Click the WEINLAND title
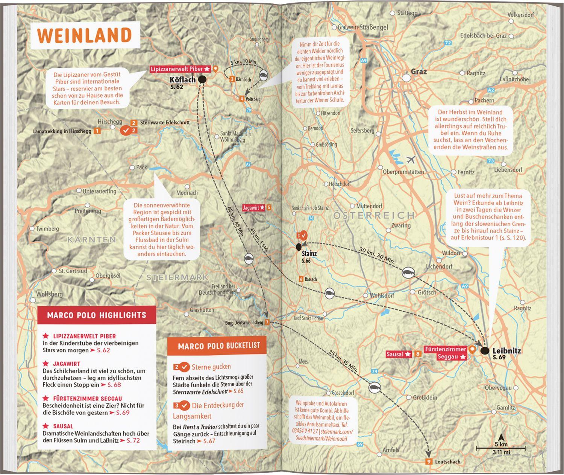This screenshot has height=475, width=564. tap(85, 35)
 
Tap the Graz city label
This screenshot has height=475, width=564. tap(418, 72)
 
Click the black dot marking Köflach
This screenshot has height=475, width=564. tap(202, 79)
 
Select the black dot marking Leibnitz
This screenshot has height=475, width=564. tap(485, 351)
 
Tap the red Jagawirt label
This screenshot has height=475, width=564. tap(254, 207)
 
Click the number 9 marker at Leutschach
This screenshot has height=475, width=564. tap(428, 462)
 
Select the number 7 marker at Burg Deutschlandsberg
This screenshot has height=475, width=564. tap(267, 322)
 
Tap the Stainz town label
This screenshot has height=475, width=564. tap(309, 254)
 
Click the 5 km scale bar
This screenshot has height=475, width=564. tap(501, 448)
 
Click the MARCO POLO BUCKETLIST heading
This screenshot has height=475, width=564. tap(219, 346)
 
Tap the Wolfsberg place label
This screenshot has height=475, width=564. tap(49, 294)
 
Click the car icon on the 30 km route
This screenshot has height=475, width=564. tap(408, 273)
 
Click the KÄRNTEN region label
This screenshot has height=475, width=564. tap(91, 239)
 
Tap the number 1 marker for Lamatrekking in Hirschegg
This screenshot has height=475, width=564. tap(97, 131)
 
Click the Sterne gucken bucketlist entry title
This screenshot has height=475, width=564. tap(211, 367)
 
